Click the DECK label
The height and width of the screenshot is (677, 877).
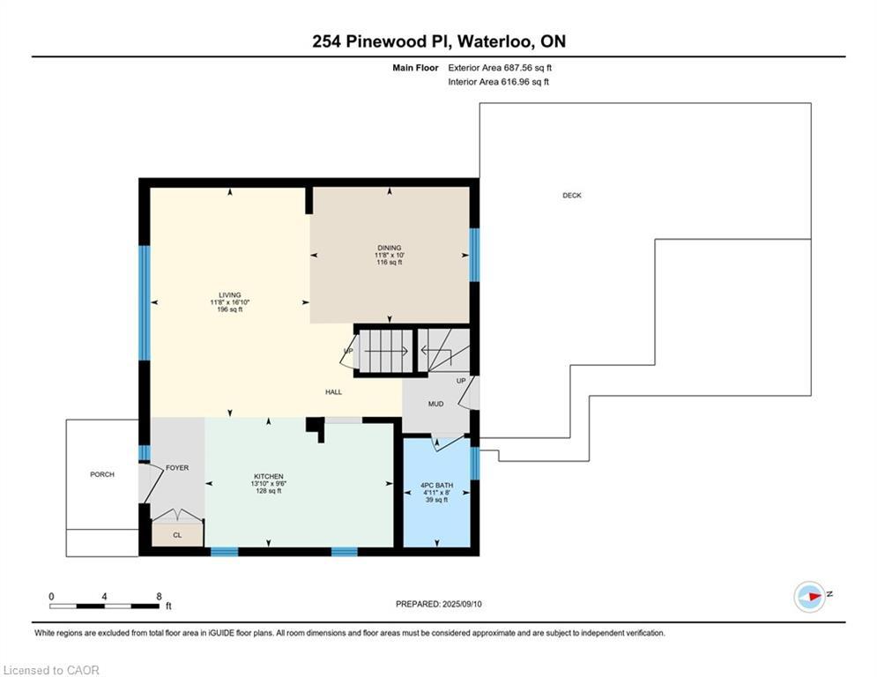(x=572, y=196)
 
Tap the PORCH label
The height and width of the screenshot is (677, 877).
(x=101, y=474)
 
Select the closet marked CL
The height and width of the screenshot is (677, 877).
(x=177, y=535)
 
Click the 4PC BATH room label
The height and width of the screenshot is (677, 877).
(x=437, y=485)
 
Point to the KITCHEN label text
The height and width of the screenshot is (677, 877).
(x=269, y=477)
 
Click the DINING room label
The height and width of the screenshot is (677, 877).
(x=390, y=248)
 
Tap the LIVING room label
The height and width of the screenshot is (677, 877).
(x=230, y=294)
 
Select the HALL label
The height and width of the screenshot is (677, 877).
(x=333, y=392)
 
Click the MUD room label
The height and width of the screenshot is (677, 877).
(x=435, y=404)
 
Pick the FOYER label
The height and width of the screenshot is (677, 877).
(x=177, y=468)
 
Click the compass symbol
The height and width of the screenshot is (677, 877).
(x=810, y=597)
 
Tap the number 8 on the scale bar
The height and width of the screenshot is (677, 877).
(x=159, y=597)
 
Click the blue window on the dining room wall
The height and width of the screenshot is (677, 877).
(x=474, y=255)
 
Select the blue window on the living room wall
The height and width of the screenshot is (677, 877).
(x=145, y=302)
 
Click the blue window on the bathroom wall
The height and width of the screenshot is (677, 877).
(x=475, y=464)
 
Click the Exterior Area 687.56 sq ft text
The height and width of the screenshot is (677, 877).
(x=500, y=68)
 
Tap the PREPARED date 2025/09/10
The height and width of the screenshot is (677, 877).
(x=462, y=604)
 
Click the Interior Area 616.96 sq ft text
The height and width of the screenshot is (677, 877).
(x=498, y=82)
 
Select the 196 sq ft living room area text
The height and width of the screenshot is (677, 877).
(x=230, y=309)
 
